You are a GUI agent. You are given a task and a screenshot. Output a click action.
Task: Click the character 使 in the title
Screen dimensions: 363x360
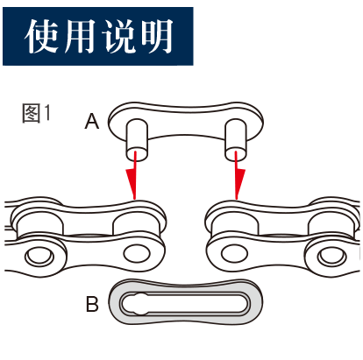click(x=42, y=36)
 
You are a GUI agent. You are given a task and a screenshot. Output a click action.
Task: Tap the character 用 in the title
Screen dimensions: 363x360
click(x=79, y=36)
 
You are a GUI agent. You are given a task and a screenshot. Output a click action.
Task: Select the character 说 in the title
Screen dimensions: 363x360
click(x=117, y=36)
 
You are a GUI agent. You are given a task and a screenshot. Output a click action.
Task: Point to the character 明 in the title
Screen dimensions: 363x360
click(x=156, y=36)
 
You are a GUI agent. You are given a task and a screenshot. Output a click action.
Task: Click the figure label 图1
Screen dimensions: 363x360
click(x=36, y=113)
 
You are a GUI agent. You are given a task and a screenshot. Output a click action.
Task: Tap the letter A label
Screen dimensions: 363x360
click(x=92, y=121)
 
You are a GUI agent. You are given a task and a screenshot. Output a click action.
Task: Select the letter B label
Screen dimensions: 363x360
click(x=92, y=304)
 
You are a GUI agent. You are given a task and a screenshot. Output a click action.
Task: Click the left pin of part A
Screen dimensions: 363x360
click(x=137, y=139)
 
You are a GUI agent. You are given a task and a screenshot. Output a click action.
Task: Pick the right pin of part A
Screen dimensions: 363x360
click(x=236, y=139)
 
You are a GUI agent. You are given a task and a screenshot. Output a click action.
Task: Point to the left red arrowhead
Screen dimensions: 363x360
click(x=131, y=183)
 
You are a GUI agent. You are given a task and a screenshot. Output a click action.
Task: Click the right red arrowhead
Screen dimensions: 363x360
click(x=239, y=183)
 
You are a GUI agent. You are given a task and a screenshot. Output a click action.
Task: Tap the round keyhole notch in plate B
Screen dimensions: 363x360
click(x=140, y=304)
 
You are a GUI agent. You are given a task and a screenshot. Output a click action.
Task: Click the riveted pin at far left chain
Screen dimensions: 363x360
click(x=39, y=256)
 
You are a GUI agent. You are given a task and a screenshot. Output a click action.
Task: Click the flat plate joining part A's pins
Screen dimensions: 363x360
click(x=186, y=121)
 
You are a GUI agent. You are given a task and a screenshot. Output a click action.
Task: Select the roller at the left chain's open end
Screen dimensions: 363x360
click(x=136, y=223)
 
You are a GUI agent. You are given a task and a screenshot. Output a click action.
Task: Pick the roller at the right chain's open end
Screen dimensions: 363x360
click(x=235, y=223)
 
